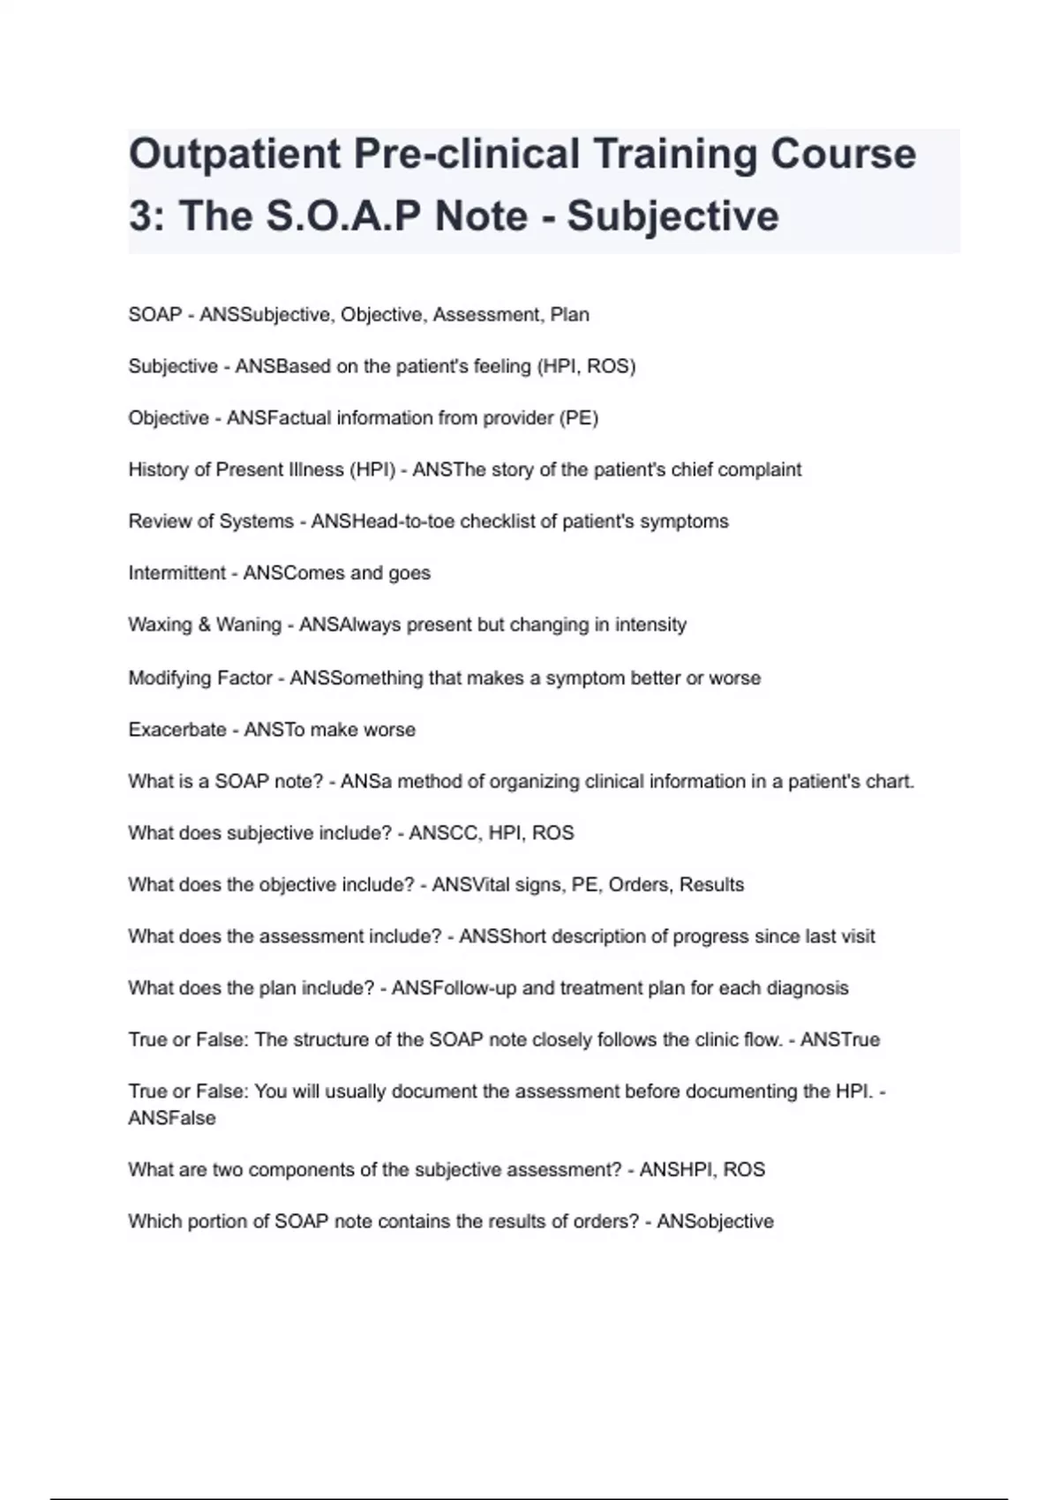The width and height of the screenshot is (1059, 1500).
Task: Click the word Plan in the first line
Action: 569,315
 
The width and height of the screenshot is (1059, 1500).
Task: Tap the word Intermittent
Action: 176,574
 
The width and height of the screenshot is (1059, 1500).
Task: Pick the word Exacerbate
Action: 176,730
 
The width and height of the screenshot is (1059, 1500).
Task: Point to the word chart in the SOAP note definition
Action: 890,782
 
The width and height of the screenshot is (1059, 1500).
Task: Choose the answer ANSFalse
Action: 171,1118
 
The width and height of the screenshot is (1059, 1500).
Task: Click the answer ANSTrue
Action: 840,1040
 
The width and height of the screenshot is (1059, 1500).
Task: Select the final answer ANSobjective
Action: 715,1222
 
